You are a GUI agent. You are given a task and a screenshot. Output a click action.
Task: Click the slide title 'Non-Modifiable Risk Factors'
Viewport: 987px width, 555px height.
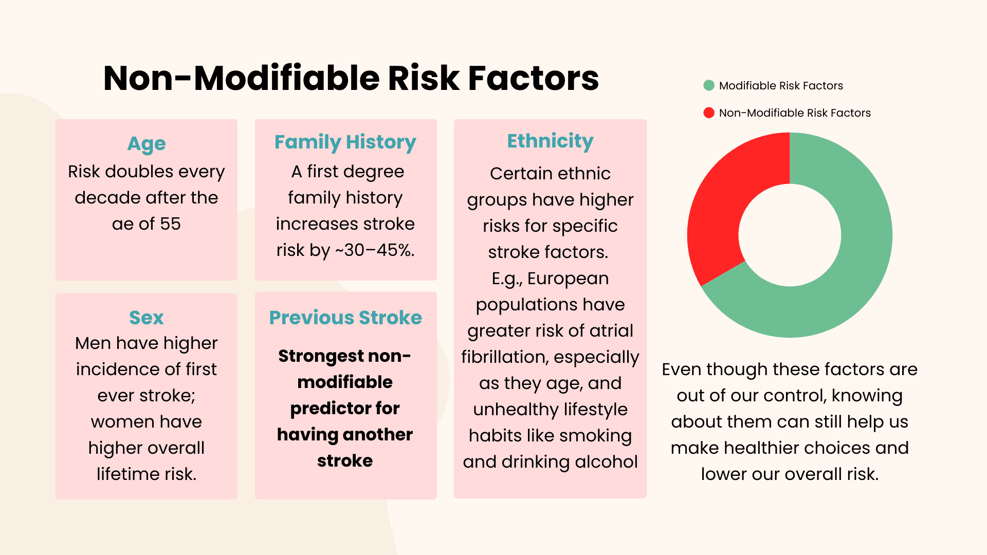pyautogui.click(x=351, y=78)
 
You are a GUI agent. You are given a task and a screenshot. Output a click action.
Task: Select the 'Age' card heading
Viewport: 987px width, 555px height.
pyautogui.click(x=147, y=144)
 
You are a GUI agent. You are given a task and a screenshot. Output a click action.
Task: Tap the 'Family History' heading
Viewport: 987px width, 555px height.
pyautogui.click(x=345, y=142)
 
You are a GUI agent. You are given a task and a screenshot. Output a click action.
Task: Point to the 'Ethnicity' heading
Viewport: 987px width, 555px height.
pyautogui.click(x=550, y=141)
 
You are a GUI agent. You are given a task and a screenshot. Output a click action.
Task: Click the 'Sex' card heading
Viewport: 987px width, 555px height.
pyautogui.click(x=147, y=318)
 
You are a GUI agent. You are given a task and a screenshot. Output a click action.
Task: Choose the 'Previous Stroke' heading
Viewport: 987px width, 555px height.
pyautogui.click(x=345, y=318)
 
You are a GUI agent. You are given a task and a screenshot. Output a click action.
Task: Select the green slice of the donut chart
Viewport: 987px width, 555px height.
pyautogui.click(x=853, y=257)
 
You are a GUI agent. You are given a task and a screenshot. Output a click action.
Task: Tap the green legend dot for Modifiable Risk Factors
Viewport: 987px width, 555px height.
pyautogui.click(x=709, y=85)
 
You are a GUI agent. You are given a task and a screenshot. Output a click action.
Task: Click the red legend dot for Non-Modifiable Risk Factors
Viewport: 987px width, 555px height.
pyautogui.click(x=709, y=113)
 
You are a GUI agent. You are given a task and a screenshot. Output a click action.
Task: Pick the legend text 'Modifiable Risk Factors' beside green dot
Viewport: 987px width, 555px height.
pyautogui.click(x=781, y=85)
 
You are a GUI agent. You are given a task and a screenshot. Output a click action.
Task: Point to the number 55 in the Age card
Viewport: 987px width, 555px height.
pyautogui.click(x=170, y=224)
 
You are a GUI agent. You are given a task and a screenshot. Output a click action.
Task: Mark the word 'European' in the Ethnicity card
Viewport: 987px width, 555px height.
pyautogui.click(x=568, y=278)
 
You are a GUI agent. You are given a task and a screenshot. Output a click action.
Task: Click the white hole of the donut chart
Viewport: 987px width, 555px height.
pyautogui.click(x=790, y=235)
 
